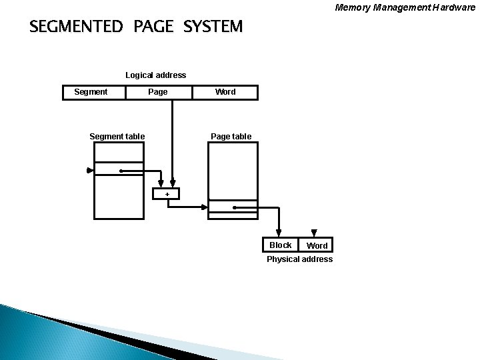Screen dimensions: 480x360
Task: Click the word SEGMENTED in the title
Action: (x=77, y=27)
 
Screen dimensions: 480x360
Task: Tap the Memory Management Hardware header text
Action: (x=405, y=8)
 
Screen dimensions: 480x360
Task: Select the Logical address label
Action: (x=156, y=75)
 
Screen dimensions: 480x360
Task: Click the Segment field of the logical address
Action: (x=91, y=92)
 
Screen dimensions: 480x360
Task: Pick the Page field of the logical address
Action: (x=158, y=92)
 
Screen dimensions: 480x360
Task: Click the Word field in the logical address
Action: (x=225, y=92)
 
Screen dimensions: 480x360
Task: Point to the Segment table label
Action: (x=117, y=137)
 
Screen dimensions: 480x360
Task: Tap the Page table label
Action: (x=231, y=137)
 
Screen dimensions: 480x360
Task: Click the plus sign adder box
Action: (x=167, y=194)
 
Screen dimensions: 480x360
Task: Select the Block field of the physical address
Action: (x=281, y=245)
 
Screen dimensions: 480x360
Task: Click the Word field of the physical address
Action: (x=317, y=246)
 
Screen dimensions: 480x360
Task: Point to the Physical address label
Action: (x=299, y=259)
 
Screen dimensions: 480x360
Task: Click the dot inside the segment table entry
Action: (x=121, y=171)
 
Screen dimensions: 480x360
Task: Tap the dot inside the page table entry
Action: (x=235, y=208)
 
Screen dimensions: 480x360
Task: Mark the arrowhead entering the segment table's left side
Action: (x=91, y=171)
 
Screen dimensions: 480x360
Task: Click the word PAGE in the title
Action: (x=153, y=27)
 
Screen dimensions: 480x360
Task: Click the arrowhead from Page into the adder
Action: (x=172, y=185)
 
